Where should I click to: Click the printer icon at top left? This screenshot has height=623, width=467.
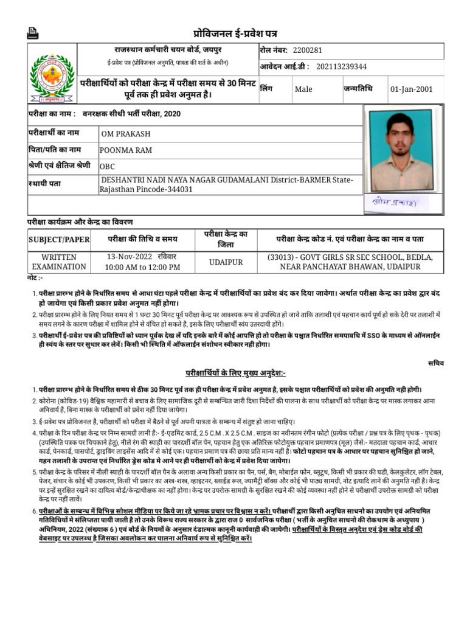pyautogui.click(x=33, y=34)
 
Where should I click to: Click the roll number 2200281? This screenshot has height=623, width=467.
pyautogui.click(x=307, y=50)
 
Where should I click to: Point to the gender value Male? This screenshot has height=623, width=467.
pyautogui.click(x=303, y=89)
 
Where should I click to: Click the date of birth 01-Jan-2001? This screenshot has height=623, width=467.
pyautogui.click(x=412, y=89)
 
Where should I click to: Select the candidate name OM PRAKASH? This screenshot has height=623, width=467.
pyautogui.click(x=126, y=134)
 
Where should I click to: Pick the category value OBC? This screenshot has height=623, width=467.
pyautogui.click(x=107, y=166)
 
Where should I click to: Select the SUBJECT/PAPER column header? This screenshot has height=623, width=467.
pyautogui.click(x=59, y=240)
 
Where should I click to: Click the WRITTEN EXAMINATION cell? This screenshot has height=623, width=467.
pyautogui.click(x=59, y=262)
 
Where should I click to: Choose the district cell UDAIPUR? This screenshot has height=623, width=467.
pyautogui.click(x=226, y=262)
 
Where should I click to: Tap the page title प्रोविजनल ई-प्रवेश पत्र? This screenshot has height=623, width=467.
pyautogui.click(x=235, y=33)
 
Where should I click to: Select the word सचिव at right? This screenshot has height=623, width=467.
pyautogui.click(x=436, y=363)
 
